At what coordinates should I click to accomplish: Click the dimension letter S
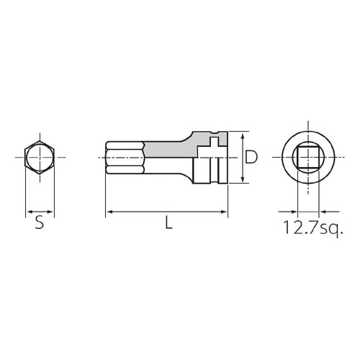click(x=40, y=224)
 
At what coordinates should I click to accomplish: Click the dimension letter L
click(x=168, y=224)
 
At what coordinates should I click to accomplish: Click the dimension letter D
click(x=251, y=157)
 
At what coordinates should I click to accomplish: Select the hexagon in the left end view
click(x=40, y=157)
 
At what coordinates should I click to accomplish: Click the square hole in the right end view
click(x=308, y=157)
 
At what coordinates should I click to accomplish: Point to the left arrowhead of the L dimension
click(x=109, y=212)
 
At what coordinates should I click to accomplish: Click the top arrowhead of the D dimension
click(x=243, y=135)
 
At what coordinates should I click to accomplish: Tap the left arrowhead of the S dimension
click(x=28, y=212)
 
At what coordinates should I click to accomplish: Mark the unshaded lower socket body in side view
click(x=209, y=171)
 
